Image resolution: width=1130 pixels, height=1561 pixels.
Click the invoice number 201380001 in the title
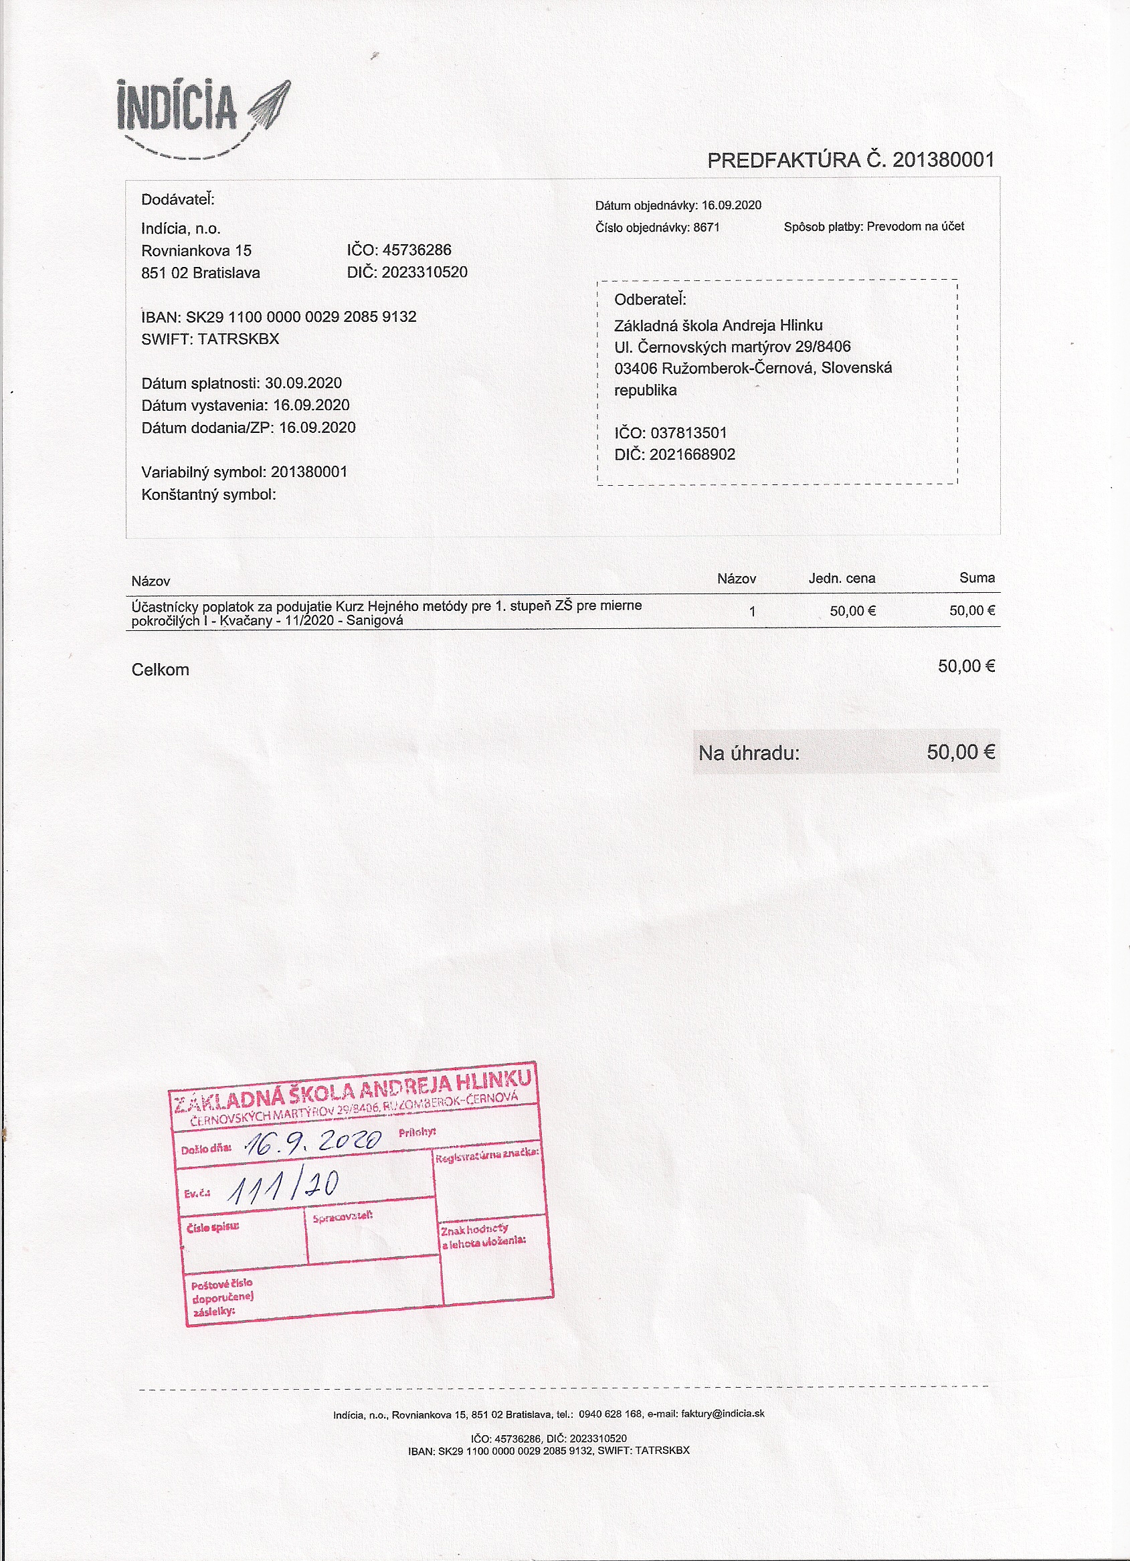click(943, 161)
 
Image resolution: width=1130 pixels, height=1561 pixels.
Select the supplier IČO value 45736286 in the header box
click(416, 250)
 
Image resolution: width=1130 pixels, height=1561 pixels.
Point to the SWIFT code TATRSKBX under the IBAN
click(238, 339)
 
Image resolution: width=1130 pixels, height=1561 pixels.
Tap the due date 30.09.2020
click(303, 383)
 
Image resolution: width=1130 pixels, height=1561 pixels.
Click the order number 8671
click(706, 227)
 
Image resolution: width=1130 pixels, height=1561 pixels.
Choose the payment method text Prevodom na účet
click(915, 226)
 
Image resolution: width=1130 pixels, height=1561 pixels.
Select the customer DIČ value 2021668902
click(692, 454)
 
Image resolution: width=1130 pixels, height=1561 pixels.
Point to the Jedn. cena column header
click(841, 578)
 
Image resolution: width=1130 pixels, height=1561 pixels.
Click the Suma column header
click(977, 577)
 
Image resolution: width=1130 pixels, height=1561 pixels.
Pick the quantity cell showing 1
click(752, 611)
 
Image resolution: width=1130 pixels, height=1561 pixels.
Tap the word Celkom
click(160, 670)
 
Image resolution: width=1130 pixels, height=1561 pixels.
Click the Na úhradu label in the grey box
click(749, 753)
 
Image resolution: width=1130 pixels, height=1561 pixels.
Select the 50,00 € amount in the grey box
click(960, 751)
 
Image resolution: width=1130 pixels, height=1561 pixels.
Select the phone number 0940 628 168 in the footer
click(610, 1414)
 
